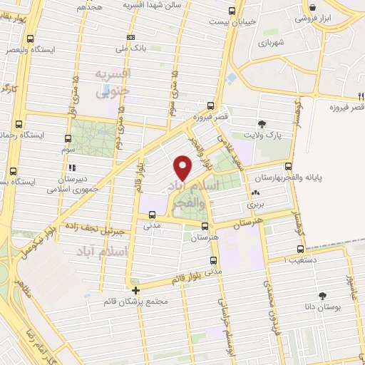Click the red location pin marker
pos(183,167)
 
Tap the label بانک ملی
pos(130,48)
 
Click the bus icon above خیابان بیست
pos(231,11)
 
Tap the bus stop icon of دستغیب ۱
pos(299,250)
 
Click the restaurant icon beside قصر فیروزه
pos(360,97)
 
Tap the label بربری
pos(255,203)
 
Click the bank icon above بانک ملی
pos(130,37)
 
